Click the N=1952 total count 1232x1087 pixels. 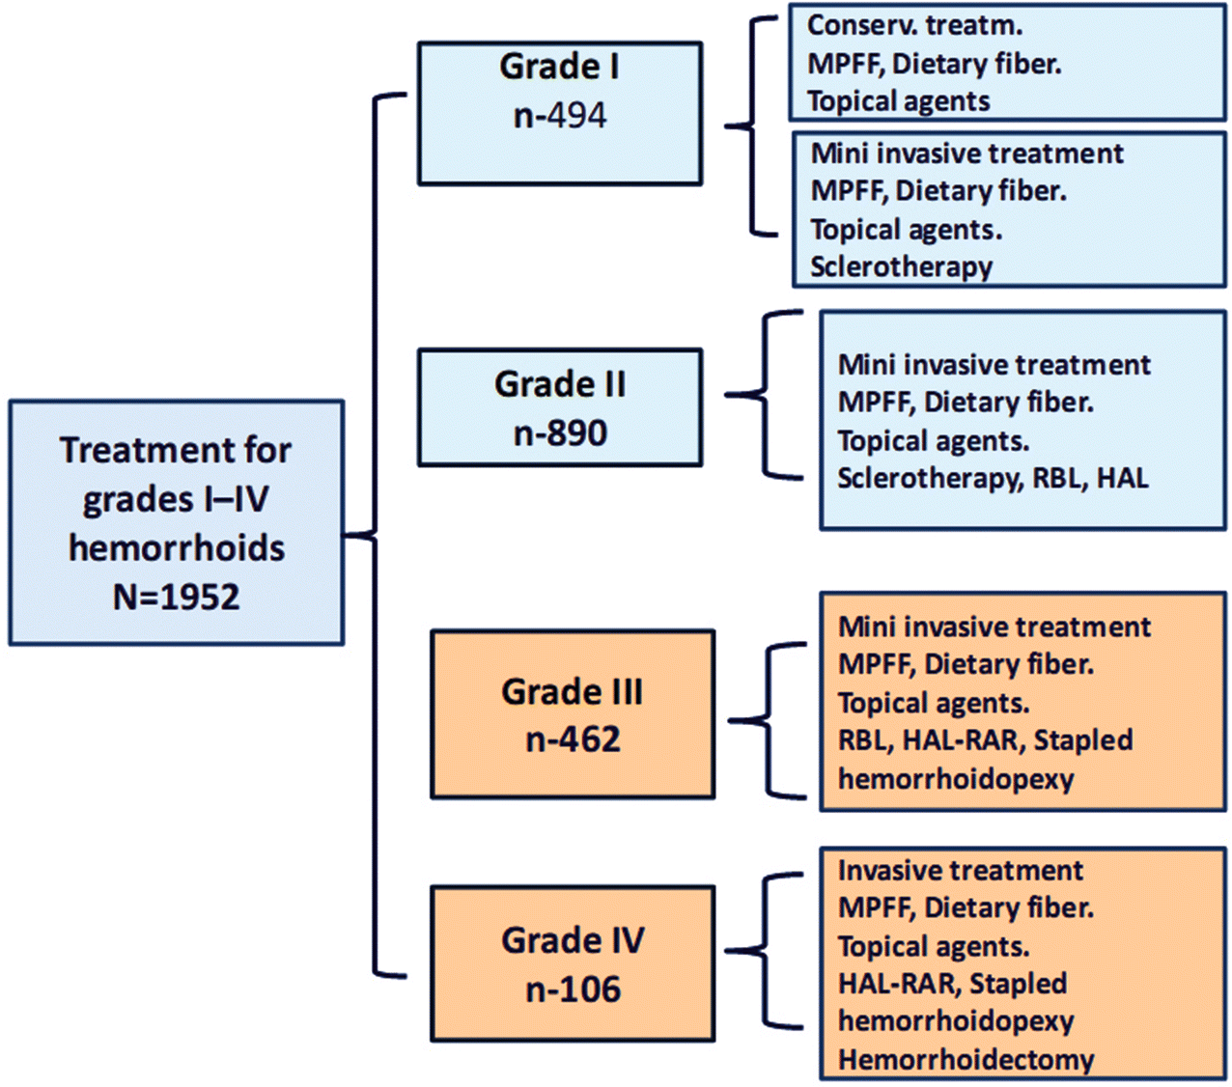tap(176, 597)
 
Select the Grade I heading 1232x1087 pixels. tap(559, 67)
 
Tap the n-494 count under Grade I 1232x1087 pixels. tap(560, 116)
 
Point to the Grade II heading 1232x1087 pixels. tap(560, 384)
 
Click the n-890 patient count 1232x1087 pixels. tap(560, 432)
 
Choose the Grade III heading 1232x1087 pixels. tap(573, 691)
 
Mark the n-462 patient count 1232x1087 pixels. tap(573, 739)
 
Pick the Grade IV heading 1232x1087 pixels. tap(573, 940)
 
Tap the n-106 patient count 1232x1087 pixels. tap(573, 989)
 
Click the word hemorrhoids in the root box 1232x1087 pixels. tap(177, 548)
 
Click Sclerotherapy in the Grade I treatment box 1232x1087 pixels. tap(901, 266)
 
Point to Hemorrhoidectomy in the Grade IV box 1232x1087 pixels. tap(966, 1059)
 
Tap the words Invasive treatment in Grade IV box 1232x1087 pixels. tap(960, 871)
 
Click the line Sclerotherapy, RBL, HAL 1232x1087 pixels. tap(993, 478)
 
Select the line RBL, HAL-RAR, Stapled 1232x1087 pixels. tap(985, 740)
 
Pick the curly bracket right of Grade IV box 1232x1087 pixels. tap(768, 952)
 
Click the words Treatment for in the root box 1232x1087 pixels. tap(176, 450)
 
